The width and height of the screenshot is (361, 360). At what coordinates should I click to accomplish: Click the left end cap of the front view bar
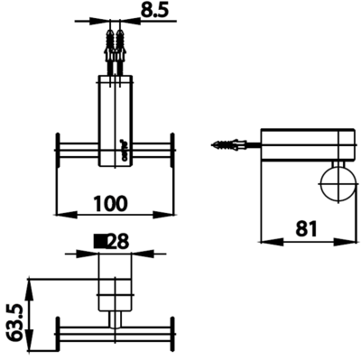[59, 149]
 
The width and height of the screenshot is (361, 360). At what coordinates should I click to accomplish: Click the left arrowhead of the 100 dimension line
[61, 215]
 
